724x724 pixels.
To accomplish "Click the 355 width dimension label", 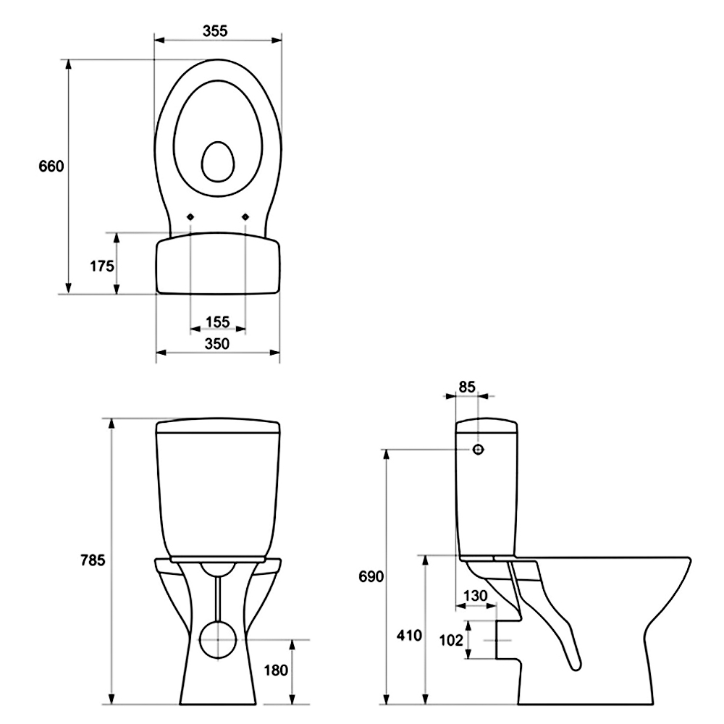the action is click(215, 31).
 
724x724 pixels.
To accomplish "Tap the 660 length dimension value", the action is click(51, 167).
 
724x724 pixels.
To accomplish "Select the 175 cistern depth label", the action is click(102, 266).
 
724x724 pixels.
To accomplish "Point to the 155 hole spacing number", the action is click(217, 321).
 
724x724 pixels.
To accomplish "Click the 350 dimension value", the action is click(217, 343).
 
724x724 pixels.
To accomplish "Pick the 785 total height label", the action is click(93, 560).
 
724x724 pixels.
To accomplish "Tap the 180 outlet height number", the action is click(276, 670).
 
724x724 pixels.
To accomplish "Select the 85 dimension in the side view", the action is click(467, 387).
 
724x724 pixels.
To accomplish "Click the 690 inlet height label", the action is click(371, 577).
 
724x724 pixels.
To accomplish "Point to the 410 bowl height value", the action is click(409, 636).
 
